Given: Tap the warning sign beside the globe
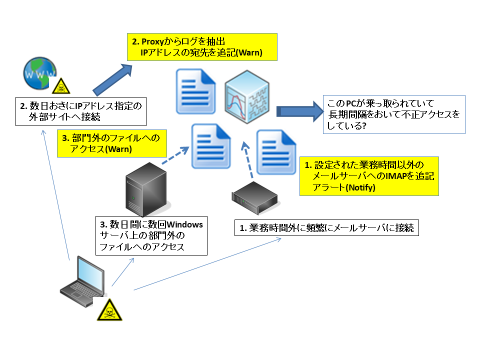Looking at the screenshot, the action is (x=61, y=86).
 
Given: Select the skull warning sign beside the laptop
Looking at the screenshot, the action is (x=109, y=310).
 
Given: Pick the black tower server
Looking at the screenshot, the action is (x=147, y=189).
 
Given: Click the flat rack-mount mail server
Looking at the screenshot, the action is (x=254, y=198).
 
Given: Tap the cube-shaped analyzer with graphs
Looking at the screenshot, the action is (x=247, y=96).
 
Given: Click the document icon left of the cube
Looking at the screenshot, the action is (x=195, y=91).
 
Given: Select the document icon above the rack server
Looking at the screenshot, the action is (x=276, y=152).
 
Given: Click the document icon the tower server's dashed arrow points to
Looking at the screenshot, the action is (x=211, y=146).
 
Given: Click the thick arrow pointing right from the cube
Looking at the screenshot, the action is (x=300, y=111).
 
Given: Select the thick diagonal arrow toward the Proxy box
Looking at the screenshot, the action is (x=112, y=80).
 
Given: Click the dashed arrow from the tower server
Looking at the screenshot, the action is (x=175, y=155).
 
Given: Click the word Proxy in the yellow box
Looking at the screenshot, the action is (x=153, y=41).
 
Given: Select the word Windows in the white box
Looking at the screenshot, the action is (x=184, y=224).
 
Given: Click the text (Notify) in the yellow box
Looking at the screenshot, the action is (x=360, y=187).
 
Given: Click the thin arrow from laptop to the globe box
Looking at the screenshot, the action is (x=56, y=195).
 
